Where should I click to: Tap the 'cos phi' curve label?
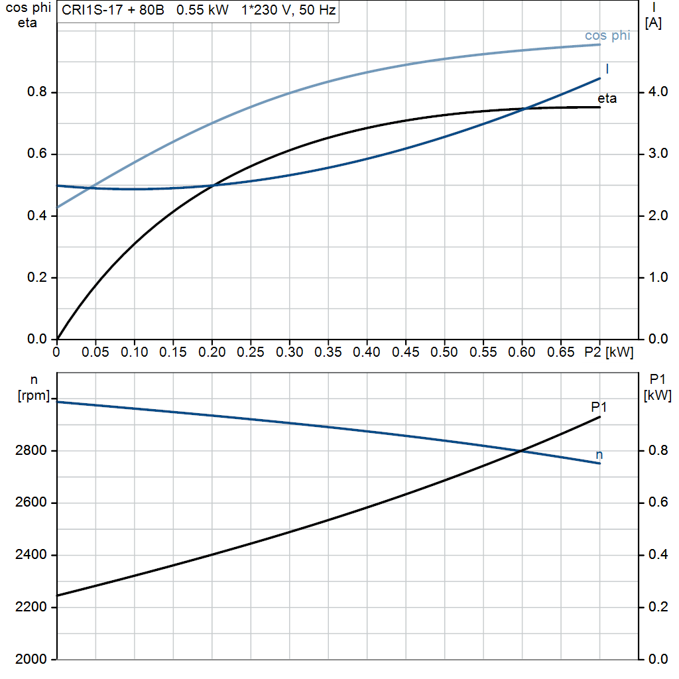(x=607, y=36)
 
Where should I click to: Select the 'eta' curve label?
(x=607, y=99)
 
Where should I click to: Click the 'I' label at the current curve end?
(x=607, y=69)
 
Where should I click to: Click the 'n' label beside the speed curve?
(x=599, y=455)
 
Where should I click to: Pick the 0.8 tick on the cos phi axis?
(x=37, y=92)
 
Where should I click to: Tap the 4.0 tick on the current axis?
(x=656, y=92)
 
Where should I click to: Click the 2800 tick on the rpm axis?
(x=31, y=451)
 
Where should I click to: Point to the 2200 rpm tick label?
(x=31, y=607)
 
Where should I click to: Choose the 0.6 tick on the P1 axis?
(x=656, y=503)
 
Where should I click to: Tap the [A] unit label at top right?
(x=653, y=23)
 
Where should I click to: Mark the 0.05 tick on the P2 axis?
(x=95, y=352)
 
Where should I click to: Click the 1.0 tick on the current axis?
(x=656, y=278)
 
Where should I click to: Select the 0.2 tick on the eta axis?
(x=37, y=278)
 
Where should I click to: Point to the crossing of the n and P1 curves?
(x=521, y=451)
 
